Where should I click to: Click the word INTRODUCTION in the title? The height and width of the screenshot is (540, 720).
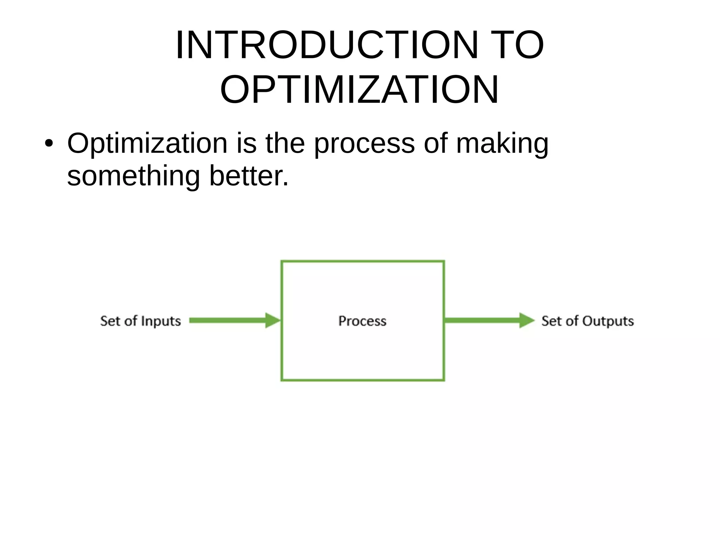point(327,45)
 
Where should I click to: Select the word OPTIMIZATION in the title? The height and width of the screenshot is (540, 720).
point(359,90)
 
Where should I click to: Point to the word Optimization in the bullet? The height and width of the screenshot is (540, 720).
point(147,144)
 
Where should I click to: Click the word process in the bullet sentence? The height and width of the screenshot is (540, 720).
point(364,144)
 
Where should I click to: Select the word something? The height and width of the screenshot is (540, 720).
point(133,176)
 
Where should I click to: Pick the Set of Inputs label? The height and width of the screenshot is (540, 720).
point(141,321)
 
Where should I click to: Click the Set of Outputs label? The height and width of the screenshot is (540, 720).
point(587,321)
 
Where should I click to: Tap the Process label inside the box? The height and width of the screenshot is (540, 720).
point(362,321)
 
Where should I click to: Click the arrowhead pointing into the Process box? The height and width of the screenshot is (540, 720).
point(273,320)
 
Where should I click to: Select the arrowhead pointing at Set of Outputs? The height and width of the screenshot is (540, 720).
point(527,320)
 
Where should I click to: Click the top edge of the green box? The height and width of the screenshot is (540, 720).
point(362,261)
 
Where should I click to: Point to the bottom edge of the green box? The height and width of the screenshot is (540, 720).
point(362,380)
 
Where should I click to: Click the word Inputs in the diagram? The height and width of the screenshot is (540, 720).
point(161,321)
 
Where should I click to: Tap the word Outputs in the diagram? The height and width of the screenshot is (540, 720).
point(608,321)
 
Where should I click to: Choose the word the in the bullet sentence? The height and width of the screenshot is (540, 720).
point(285,144)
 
